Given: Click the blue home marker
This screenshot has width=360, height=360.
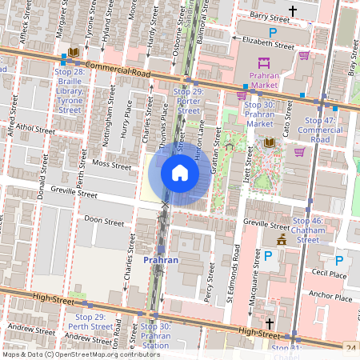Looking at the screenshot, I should [180, 173].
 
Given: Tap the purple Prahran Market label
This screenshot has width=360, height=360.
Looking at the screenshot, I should [264, 79].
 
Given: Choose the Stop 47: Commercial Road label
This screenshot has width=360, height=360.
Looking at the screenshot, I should [320, 129].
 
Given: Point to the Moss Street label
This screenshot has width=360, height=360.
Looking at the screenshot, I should [111, 165].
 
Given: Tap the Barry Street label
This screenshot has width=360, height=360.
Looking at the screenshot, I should [268, 16].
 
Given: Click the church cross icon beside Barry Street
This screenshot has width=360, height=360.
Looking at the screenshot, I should [293, 11].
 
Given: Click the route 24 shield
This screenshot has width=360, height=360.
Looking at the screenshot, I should [351, 348].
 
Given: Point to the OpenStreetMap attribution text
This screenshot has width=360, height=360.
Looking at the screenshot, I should [81, 354].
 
